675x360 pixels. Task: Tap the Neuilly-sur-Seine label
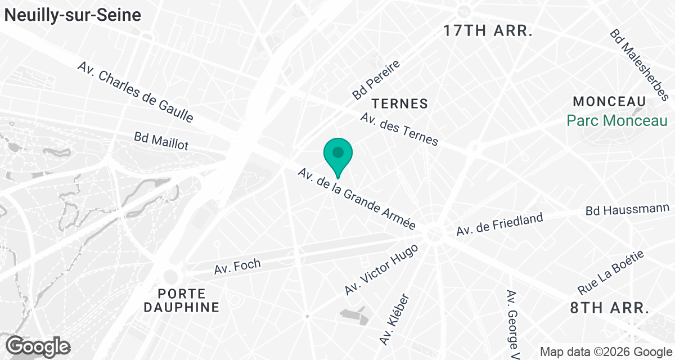coord(73,15)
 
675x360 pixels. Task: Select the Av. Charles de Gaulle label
coord(136,92)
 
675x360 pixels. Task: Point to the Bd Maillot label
coord(161,141)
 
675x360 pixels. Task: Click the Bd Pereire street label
coord(376,79)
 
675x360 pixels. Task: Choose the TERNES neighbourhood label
coord(399,104)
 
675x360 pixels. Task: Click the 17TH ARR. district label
coord(488,31)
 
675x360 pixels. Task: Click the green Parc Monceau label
coord(616,120)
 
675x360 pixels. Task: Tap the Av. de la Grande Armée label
coord(357,199)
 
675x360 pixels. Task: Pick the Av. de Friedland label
coord(499,224)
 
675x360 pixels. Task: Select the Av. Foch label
coord(237,267)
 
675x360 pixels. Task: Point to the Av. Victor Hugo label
coord(382,269)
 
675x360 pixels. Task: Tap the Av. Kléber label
coord(394,319)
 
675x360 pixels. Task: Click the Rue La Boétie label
coord(611,273)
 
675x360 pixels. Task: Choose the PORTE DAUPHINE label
coord(181,300)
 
